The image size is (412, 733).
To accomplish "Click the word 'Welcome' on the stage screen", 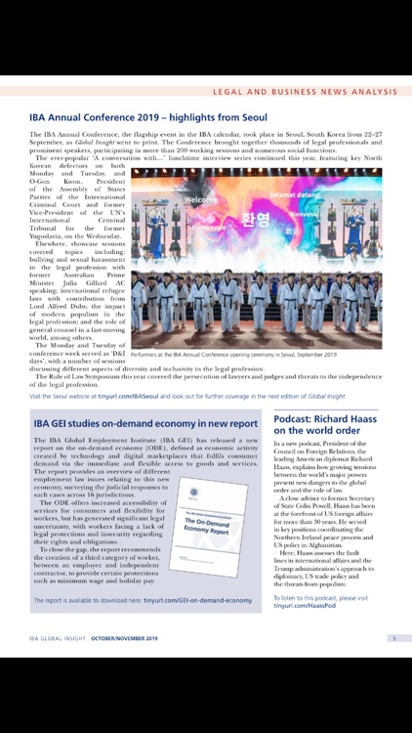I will pos(200,200).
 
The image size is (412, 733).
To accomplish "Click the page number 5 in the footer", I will pos(392,639).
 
